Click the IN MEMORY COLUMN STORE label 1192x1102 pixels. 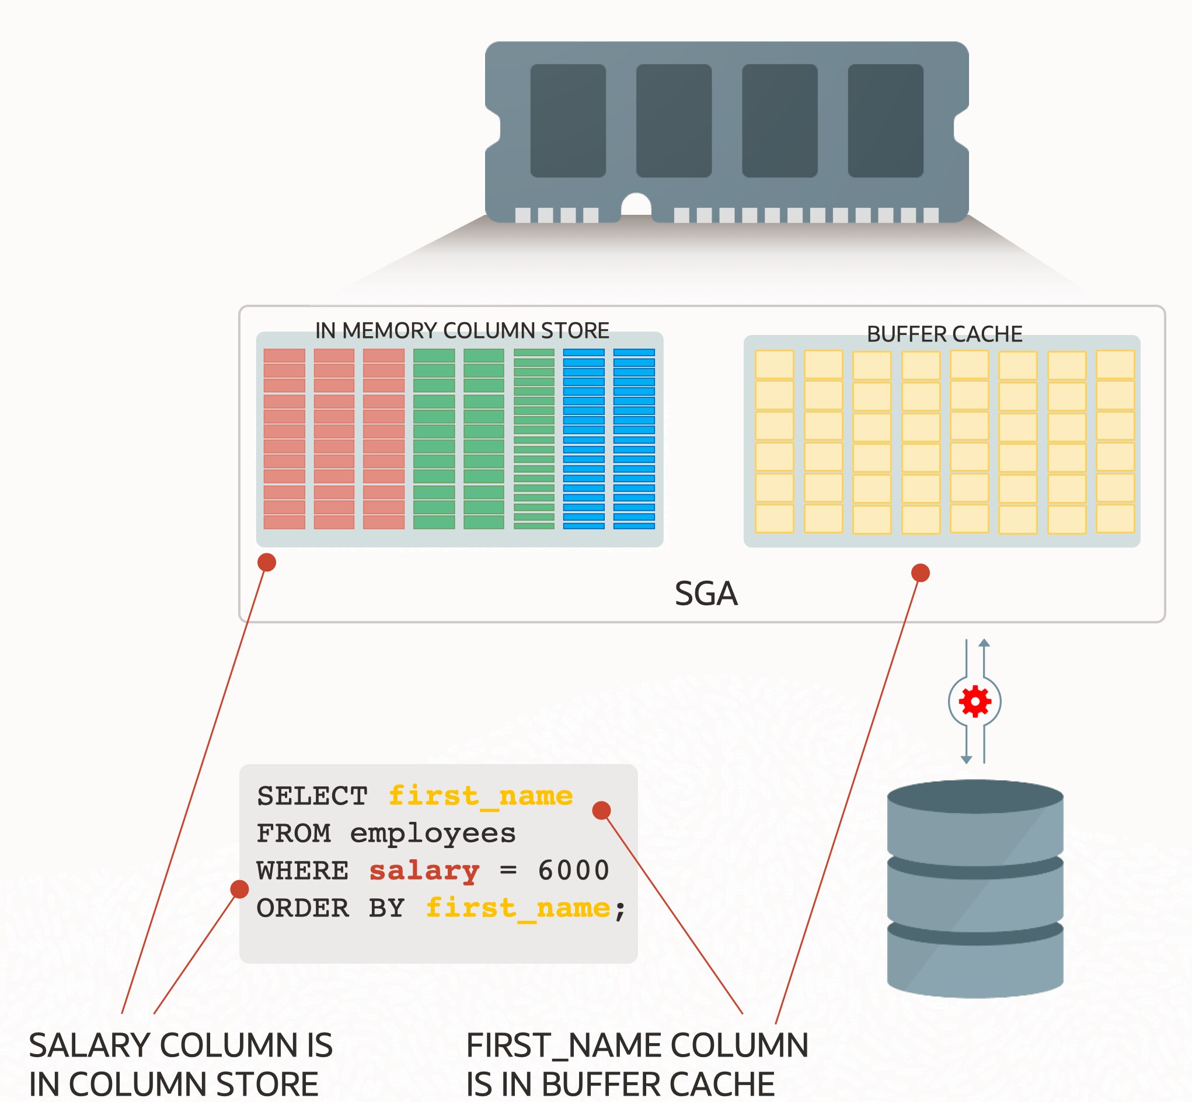click(462, 330)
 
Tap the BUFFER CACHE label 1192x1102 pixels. click(944, 334)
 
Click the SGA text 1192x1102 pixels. click(706, 594)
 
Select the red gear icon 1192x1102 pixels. click(975, 701)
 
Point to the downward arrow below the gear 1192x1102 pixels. click(967, 759)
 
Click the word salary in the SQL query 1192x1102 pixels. click(424, 871)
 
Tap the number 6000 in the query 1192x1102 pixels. click(574, 871)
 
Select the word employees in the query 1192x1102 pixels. click(433, 833)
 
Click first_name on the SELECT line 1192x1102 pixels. click(480, 796)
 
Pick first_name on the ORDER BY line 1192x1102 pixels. click(518, 908)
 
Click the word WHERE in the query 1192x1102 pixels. click(302, 871)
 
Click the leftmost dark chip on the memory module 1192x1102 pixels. click(567, 120)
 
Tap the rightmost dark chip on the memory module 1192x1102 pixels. click(886, 120)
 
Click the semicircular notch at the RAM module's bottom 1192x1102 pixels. click(636, 205)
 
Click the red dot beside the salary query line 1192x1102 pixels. click(240, 889)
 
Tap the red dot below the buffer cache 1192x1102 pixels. click(921, 573)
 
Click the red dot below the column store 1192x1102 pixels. click(267, 562)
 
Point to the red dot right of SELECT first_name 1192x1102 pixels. click(601, 810)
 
